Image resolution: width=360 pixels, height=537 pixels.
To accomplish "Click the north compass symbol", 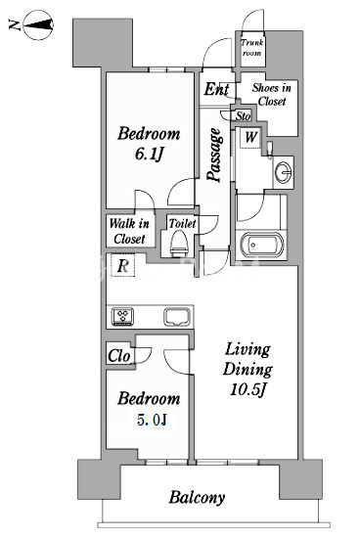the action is pos(38,25).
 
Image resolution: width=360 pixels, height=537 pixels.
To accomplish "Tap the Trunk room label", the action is pos(252,48).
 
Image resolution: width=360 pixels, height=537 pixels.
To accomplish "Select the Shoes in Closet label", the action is pos(272,94).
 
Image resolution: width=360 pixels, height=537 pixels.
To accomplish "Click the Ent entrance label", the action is pos(216,89).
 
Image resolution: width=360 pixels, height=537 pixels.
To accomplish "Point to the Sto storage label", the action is pos(243,116).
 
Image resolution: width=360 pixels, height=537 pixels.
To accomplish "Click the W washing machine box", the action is pos(250,138).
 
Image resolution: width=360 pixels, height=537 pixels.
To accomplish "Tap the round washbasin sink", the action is pos(284,171).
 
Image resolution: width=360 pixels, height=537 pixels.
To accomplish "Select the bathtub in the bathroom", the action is pos(261,245).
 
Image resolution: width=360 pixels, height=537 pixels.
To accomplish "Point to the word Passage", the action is pos(214,155).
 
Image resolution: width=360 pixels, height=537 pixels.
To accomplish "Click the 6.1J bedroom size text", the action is pos(149,154).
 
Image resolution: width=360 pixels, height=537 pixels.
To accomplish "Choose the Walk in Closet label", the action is pos(129,231).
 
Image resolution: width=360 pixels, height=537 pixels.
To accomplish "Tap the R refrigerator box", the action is pos(122,265).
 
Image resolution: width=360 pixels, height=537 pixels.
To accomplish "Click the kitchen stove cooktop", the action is pos(123,316).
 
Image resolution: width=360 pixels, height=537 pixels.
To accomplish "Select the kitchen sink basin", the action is pos(177,317).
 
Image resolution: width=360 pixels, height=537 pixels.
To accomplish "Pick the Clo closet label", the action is pos(118,356).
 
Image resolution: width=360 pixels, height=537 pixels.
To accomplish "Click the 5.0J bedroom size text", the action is pos(152,420).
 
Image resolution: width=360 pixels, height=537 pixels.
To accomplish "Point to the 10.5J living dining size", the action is pos(247,389).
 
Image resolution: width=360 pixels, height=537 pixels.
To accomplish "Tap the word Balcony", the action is pos(197,498).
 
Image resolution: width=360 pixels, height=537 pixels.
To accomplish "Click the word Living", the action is pos(247,349).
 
